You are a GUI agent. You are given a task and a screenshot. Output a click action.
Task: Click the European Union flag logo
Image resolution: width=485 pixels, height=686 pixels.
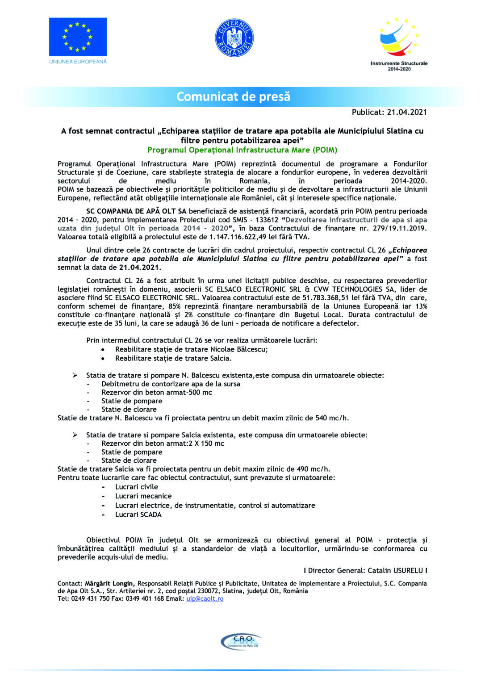[x=78, y=37]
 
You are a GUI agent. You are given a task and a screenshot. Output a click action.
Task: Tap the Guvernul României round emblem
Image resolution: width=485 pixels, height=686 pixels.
[x=234, y=38]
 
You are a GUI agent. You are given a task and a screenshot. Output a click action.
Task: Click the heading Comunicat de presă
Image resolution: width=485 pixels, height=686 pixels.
[x=234, y=96]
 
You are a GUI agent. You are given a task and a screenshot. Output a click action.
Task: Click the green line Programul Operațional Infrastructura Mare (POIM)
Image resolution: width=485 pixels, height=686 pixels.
[x=242, y=150]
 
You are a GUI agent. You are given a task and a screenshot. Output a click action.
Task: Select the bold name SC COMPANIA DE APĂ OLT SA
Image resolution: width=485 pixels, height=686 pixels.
[x=136, y=211]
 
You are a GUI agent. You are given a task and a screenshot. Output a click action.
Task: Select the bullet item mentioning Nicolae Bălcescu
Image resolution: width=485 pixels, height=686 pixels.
[x=191, y=349]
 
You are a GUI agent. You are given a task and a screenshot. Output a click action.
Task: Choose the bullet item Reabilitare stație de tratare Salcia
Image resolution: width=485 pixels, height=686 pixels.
[x=173, y=358]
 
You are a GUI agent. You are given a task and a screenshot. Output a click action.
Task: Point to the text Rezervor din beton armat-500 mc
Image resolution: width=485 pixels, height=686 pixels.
[x=156, y=393]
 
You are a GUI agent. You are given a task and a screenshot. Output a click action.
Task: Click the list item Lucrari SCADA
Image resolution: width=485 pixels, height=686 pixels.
[x=138, y=514]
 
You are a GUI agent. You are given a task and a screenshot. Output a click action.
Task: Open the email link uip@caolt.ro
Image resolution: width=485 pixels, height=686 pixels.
[x=205, y=599]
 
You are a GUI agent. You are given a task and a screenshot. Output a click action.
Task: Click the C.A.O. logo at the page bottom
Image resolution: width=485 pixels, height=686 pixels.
[x=241, y=641]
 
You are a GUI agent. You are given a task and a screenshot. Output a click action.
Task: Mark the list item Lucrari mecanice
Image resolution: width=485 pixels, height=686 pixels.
[x=143, y=496]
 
